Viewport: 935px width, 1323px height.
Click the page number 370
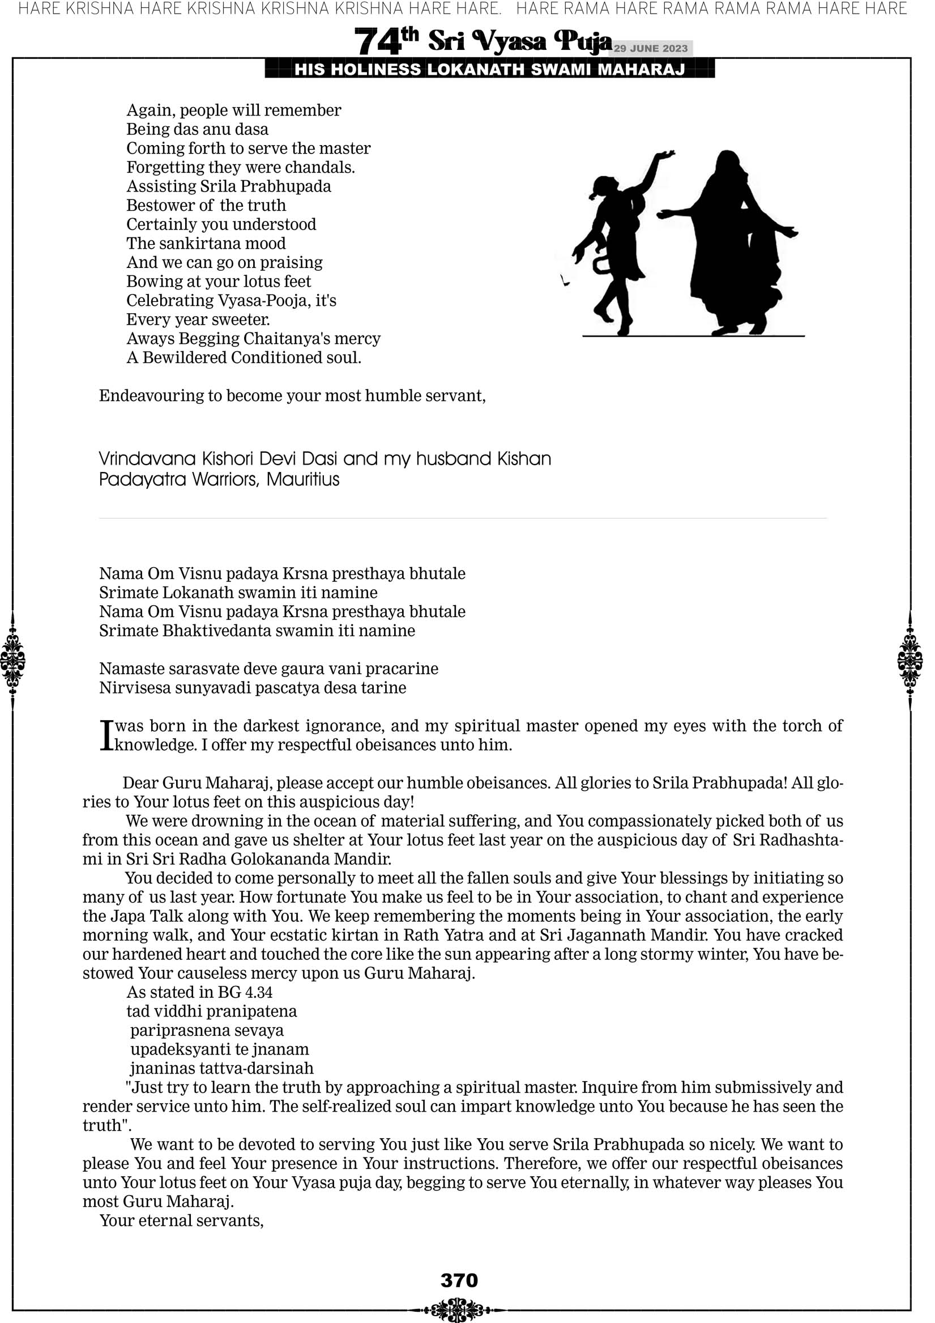(459, 1280)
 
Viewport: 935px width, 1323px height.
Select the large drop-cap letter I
(105, 736)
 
